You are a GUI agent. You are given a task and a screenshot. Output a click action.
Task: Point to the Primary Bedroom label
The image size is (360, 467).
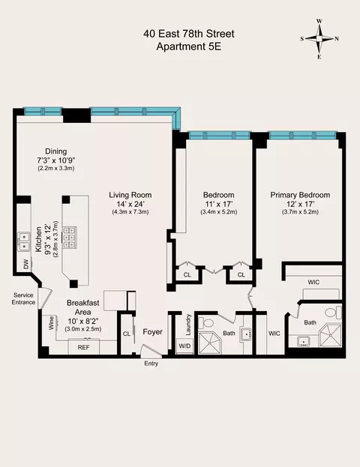pos(300,195)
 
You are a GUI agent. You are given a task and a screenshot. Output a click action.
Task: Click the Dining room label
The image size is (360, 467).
pos(56,150)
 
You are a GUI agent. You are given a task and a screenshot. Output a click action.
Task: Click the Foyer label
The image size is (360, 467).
pos(152,330)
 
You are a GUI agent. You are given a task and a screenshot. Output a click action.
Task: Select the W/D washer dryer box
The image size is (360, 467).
pos(184,346)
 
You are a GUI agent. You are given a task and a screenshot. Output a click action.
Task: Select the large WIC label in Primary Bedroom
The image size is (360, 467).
pos(313,282)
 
